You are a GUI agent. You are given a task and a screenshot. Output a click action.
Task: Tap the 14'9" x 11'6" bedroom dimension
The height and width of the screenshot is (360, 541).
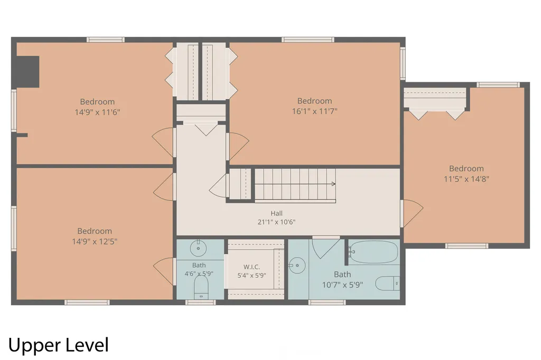coord(97,112)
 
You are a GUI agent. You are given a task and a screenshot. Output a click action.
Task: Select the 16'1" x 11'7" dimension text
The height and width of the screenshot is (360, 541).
coord(315,111)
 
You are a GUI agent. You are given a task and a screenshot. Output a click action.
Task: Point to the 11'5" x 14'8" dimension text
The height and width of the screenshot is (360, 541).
coord(467,179)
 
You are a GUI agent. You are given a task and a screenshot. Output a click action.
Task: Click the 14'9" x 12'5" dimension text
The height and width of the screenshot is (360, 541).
coord(95,241)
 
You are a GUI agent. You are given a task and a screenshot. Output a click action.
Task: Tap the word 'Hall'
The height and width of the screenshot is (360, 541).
coord(276,213)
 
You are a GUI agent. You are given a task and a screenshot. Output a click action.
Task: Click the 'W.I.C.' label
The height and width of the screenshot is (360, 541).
coord(251,267)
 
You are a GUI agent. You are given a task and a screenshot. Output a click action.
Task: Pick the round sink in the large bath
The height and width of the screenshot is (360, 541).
coord(297,266)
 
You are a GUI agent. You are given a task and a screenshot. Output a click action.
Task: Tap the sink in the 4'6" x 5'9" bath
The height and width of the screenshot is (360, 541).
coord(199,248)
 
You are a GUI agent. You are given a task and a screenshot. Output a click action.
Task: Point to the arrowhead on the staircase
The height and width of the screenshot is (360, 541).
coord(334,184)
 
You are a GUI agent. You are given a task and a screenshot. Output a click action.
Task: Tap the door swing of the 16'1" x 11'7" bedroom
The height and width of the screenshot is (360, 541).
coord(239,146)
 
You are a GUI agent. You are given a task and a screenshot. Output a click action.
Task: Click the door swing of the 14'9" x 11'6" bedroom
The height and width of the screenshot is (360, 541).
coord(163,143)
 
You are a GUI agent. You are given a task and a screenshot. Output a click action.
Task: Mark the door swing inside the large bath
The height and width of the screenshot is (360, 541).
coord(326,248)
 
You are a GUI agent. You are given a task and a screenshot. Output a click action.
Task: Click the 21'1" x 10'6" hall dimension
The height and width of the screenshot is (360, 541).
coord(276,222)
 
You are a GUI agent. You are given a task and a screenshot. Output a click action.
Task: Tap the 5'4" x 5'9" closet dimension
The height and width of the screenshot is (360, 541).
coord(251,276)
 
